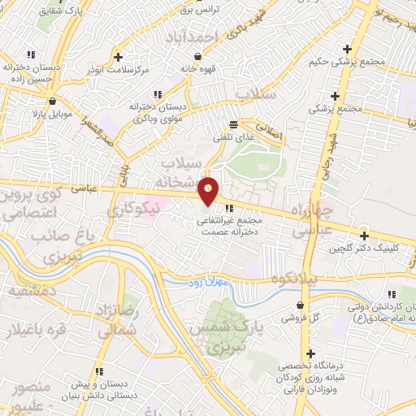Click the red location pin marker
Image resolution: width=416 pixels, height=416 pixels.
(210, 190)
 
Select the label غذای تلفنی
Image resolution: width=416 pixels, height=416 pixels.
(234, 138)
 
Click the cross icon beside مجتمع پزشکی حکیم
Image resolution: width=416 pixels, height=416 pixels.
(347, 49)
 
